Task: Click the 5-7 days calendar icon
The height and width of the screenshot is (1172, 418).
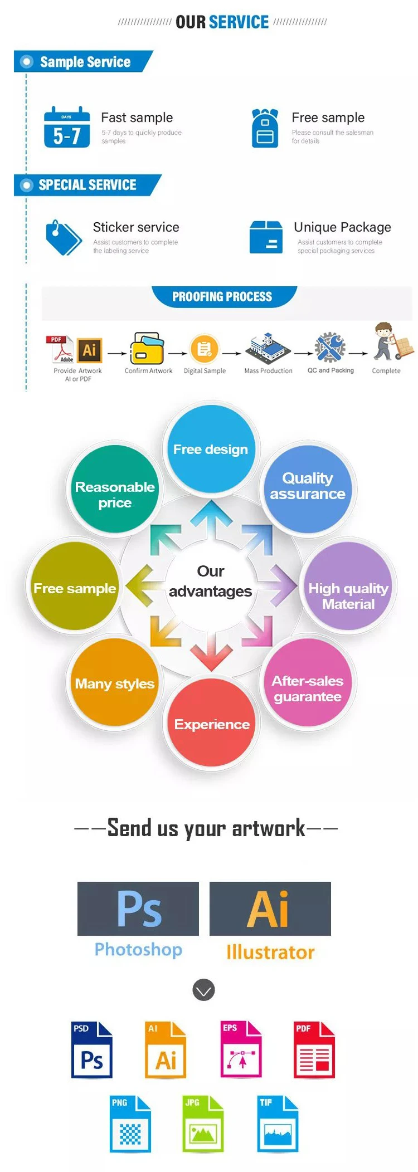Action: (x=67, y=127)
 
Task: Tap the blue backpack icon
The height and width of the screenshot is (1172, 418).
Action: (x=265, y=128)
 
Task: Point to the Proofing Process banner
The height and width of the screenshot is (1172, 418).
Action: (x=224, y=296)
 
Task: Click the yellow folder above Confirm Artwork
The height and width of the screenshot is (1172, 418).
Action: (x=147, y=349)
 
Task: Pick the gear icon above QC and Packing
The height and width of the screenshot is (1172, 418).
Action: (x=330, y=347)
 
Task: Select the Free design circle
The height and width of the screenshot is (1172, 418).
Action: (x=211, y=449)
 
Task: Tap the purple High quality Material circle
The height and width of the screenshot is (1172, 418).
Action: (x=348, y=586)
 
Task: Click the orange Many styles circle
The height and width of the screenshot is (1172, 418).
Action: (x=115, y=682)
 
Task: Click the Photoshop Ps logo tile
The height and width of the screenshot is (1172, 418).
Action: (x=138, y=909)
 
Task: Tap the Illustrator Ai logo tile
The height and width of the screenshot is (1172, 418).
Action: (x=270, y=909)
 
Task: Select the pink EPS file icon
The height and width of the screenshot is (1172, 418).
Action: (x=241, y=1049)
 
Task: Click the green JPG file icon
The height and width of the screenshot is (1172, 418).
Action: (x=203, y=1124)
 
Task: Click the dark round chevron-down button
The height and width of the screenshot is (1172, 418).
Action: (x=203, y=990)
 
